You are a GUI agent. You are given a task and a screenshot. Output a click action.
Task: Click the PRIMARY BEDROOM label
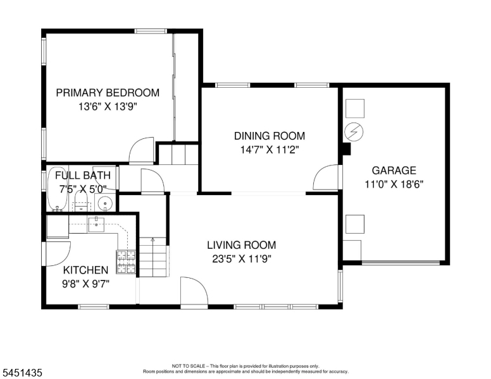pyautogui.click(x=108, y=93)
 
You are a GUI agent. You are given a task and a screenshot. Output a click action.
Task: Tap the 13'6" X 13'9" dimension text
pyautogui.click(x=108, y=107)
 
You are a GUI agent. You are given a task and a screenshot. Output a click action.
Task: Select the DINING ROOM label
pyautogui.click(x=270, y=136)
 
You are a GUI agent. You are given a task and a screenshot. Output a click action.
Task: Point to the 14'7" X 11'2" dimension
pyautogui.click(x=270, y=150)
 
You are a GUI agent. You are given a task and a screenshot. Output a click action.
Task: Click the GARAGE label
pyautogui.click(x=394, y=171)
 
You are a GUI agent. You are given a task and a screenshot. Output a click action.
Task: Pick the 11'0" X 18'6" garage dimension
pyautogui.click(x=394, y=184)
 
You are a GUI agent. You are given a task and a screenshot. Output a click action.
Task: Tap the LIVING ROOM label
pyautogui.click(x=242, y=245)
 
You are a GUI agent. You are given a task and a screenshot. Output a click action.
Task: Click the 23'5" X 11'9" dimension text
pyautogui.click(x=242, y=259)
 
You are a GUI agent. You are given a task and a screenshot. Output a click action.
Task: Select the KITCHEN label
pyautogui.click(x=85, y=270)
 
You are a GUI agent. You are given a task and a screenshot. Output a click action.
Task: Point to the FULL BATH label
pyautogui.click(x=83, y=176)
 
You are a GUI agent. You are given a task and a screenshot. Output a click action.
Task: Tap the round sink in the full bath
pyautogui.click(x=105, y=203)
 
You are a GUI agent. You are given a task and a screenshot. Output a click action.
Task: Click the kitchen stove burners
pyautogui.click(x=126, y=262)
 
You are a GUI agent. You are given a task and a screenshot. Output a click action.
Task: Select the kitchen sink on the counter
pyautogui.click(x=96, y=224)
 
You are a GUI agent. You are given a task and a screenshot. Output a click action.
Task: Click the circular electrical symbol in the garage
pyautogui.click(x=354, y=132)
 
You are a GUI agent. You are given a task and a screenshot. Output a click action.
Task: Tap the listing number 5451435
pyautogui.click(x=22, y=373)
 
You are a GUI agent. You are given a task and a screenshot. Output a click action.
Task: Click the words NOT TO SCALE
pyautogui.click(x=189, y=366)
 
